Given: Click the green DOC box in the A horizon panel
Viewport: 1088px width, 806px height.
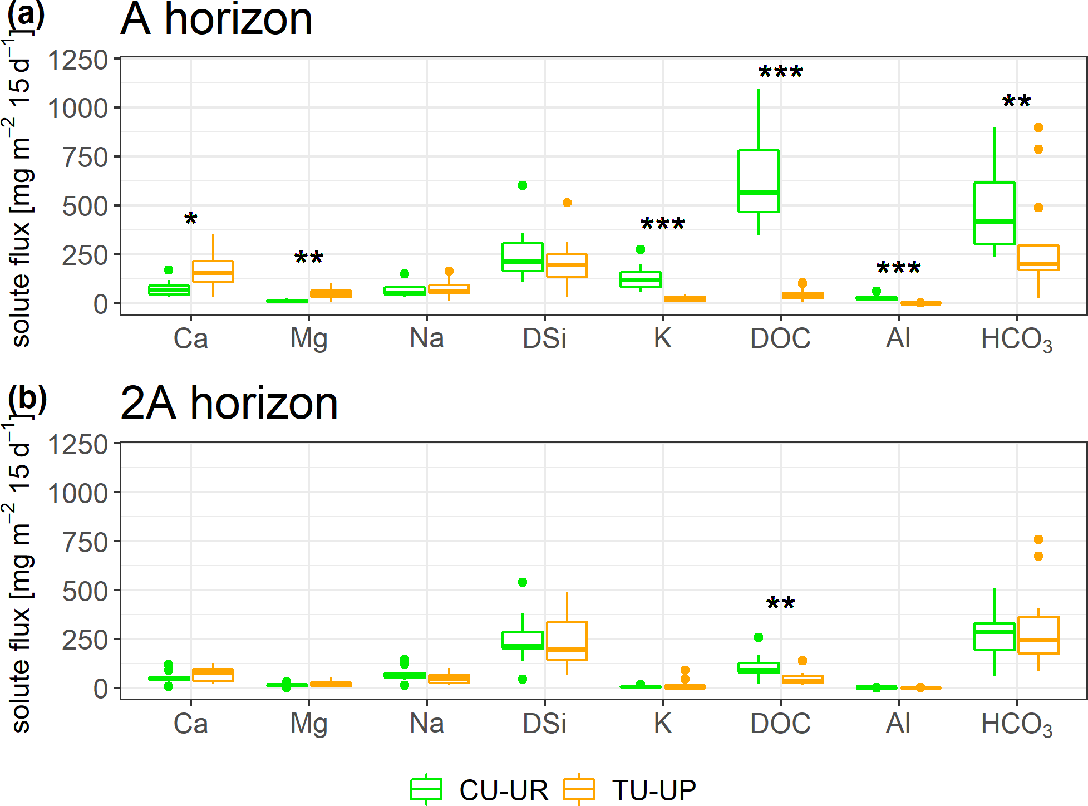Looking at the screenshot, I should point(758,181).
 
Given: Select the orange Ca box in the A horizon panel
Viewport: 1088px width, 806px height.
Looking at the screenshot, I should point(213,272).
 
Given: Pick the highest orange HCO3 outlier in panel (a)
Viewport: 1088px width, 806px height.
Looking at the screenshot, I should point(1038,127).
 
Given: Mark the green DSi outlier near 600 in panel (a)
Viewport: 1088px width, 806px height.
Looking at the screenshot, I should point(523,185).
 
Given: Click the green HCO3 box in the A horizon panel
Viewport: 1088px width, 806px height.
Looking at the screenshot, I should point(994,213).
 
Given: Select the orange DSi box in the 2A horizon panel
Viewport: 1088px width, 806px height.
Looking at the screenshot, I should point(567,641).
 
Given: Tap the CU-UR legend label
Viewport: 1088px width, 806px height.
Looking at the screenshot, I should point(503,790).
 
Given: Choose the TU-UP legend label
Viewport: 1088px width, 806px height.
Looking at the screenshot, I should point(654,790).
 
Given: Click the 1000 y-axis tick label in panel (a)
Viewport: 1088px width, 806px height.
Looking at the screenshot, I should point(77,109).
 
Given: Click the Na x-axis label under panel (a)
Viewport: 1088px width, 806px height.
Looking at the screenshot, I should point(426,338).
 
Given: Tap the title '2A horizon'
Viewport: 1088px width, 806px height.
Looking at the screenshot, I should point(229,403).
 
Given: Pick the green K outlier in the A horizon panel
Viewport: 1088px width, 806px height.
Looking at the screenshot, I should point(641,249).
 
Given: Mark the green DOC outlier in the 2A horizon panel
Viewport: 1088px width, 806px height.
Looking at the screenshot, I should point(758,637).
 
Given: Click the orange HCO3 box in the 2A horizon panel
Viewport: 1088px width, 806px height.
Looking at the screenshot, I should point(1038,635).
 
